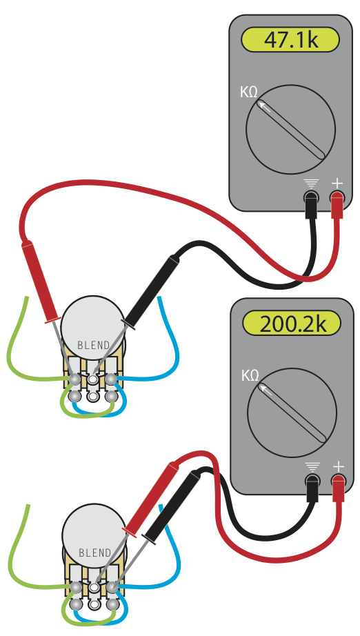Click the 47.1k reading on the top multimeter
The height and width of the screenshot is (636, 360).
[290, 40]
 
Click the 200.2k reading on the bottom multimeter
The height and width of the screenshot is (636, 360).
[292, 324]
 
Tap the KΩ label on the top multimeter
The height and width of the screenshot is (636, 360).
[248, 92]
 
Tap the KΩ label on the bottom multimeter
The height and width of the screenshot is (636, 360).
[250, 375]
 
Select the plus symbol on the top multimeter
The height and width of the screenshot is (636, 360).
[337, 183]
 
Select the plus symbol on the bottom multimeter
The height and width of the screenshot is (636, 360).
[338, 467]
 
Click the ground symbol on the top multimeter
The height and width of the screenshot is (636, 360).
[311, 184]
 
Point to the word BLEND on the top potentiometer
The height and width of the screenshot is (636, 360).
[93, 345]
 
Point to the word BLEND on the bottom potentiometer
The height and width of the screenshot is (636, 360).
[95, 553]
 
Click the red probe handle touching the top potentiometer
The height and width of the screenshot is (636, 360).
[41, 282]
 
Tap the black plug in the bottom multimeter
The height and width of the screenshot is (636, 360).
[312, 489]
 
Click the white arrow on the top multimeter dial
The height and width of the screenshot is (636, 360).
[264, 106]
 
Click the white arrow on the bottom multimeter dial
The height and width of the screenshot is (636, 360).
[266, 390]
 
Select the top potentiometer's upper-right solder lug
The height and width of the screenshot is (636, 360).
[110, 379]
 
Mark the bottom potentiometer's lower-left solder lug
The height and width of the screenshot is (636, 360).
[76, 604]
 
